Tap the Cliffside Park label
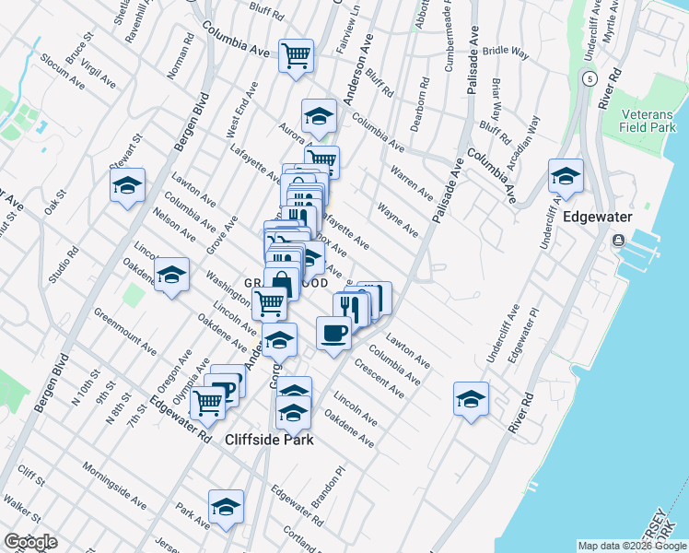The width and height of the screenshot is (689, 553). (269, 440)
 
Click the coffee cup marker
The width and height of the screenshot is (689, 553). (333, 332)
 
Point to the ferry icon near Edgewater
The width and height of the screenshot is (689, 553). (616, 241)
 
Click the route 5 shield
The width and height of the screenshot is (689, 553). (587, 79)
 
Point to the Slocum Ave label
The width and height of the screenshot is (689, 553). (63, 71)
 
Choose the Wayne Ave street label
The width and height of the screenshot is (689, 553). (397, 221)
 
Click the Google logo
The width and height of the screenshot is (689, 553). (30, 542)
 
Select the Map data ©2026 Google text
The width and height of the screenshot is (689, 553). (631, 546)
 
